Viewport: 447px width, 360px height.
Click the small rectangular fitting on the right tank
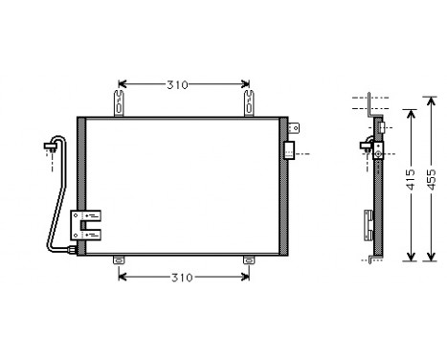290,149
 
